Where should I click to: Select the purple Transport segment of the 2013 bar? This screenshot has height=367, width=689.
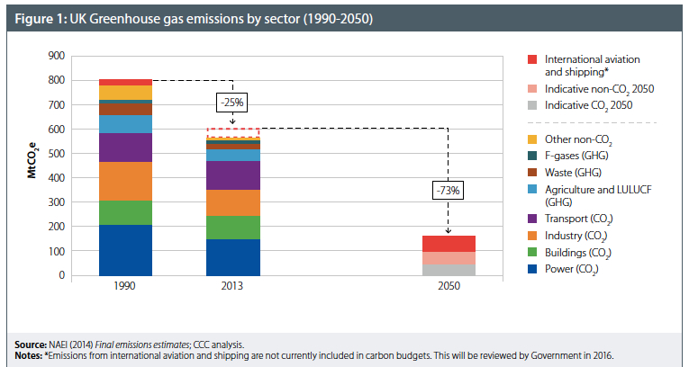tap(233, 175)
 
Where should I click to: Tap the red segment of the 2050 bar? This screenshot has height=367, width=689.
tap(449, 243)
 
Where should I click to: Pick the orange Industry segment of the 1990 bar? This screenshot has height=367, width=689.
tap(125, 181)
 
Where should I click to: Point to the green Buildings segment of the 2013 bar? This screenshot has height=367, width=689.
tap(233, 228)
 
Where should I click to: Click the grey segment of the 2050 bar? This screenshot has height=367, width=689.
tap(449, 269)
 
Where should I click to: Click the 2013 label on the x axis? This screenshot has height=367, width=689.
tap(233, 286)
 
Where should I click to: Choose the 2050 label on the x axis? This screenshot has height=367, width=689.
tap(449, 286)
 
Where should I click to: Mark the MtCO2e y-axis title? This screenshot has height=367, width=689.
tap(29, 166)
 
